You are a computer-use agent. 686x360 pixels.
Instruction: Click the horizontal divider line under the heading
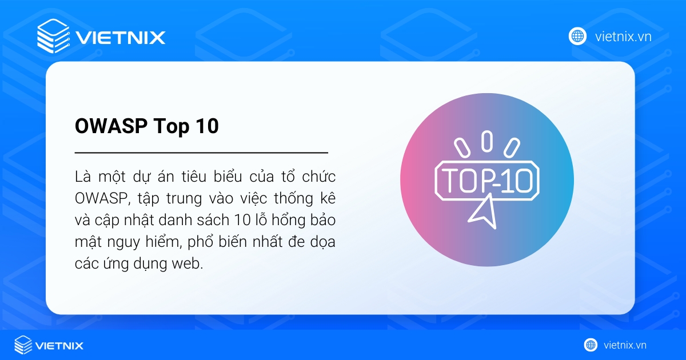(201, 153)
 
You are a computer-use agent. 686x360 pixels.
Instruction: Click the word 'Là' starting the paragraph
(82, 175)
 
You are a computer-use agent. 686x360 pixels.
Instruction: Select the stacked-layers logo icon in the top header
(53, 36)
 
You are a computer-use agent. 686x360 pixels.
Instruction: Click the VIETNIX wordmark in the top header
(120, 38)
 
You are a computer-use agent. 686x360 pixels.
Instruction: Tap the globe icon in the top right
(577, 37)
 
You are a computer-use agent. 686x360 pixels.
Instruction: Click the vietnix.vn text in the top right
(623, 37)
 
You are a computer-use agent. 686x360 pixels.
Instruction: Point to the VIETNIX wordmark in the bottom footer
(59, 345)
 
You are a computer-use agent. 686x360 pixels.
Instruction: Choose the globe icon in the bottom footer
(591, 345)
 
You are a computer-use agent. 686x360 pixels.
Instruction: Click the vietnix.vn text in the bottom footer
(625, 345)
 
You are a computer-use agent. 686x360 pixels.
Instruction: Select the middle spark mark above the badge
(486, 141)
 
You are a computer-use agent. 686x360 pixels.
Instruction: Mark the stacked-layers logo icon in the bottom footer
(23, 345)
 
